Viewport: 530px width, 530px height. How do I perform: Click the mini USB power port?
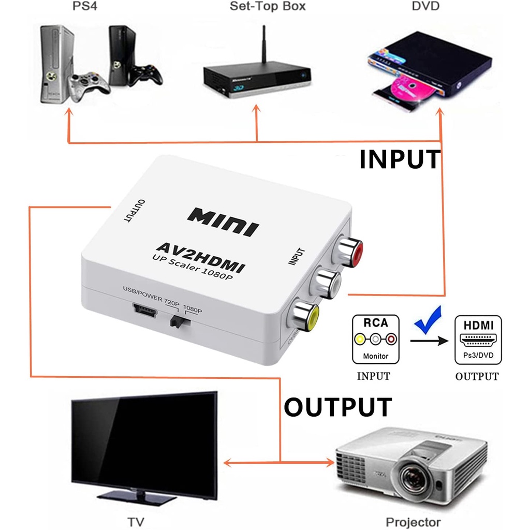[x=141, y=310]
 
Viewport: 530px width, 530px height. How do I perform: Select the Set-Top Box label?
[x=268, y=6]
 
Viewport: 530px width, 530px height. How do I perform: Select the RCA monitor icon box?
[x=376, y=338]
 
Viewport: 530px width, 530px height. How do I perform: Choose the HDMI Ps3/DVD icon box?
[x=478, y=338]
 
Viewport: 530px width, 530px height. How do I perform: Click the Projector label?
[x=414, y=522]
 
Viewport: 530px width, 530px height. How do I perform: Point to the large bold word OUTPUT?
[x=337, y=407]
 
